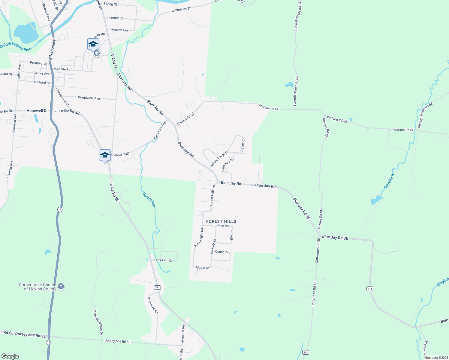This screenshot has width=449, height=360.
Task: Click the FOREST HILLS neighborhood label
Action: (x=221, y=221)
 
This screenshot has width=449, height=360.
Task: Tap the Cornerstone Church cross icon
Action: (x=61, y=286)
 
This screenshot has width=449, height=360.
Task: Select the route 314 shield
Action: (x=369, y=289)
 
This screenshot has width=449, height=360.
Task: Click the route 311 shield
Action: (x=157, y=287)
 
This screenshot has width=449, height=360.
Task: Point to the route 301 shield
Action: (x=306, y=352)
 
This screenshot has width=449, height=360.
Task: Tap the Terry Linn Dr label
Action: (x=163, y=260)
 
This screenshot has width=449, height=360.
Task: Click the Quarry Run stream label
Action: (x=149, y=199)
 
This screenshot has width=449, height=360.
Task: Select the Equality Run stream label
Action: (x=389, y=179)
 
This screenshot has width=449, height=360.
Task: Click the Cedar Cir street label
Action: (x=222, y=252)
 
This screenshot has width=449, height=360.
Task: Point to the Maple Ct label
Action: (x=202, y=268)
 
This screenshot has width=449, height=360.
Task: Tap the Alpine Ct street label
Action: (x=243, y=144)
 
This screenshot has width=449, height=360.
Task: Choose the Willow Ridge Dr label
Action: (x=219, y=159)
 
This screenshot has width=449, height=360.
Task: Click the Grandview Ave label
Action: (x=89, y=98)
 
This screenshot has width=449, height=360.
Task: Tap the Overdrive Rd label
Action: (x=152, y=305)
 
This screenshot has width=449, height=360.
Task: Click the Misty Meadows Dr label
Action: (x=98, y=322)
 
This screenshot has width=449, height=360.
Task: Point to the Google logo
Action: (x=10, y=356)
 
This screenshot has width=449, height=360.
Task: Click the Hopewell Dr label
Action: (x=37, y=111)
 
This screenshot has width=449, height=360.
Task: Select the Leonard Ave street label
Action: (x=119, y=30)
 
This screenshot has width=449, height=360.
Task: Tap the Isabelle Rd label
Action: (x=62, y=69)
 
